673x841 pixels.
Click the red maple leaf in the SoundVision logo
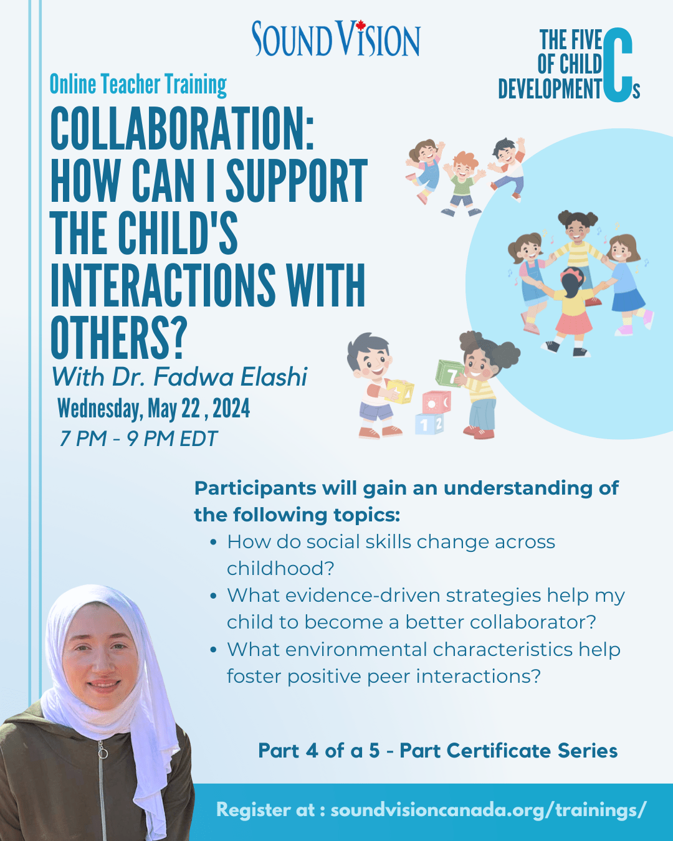coord(361,24)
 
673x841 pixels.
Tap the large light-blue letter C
coord(618,65)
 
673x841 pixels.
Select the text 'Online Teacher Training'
coord(138,85)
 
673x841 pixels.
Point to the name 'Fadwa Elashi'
coord(230,377)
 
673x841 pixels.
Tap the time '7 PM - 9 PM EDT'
coord(138,439)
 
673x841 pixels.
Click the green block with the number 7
coord(450,373)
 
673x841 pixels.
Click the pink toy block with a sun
coord(436,402)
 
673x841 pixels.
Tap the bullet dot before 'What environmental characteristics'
coord(213,650)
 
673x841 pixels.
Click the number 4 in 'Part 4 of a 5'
coord(312,751)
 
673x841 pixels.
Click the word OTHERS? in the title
coord(117,338)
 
